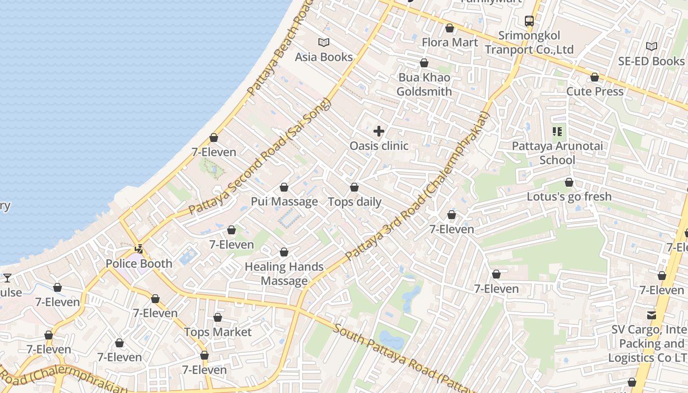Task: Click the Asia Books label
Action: point(324,57)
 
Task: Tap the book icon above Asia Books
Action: point(324,42)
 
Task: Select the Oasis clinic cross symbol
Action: point(379,131)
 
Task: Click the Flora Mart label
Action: point(450,42)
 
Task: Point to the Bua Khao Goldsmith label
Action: point(424,84)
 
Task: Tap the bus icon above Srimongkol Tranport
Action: point(529,21)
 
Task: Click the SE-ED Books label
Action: point(651,61)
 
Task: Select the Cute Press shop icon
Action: point(595,77)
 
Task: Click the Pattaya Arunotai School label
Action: point(557,153)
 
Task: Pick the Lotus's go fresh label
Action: point(569,196)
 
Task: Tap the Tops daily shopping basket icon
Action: point(354,187)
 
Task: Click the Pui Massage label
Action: point(284,201)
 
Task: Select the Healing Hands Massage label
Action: point(284,274)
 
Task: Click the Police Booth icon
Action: point(140,249)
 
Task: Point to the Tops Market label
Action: point(218,332)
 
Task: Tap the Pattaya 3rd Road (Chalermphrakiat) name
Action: point(418,187)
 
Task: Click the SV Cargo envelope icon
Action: point(652,315)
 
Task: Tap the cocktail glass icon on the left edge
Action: point(7,278)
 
